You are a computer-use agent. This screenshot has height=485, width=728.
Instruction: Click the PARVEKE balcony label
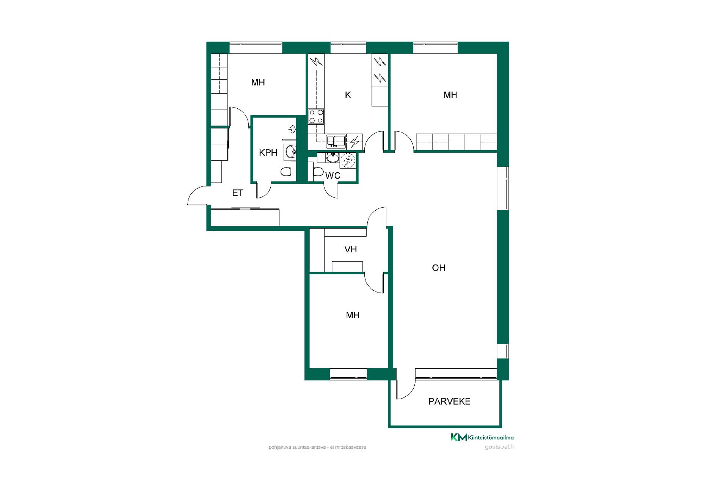coord(449,401)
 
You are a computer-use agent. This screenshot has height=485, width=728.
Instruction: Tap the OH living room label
coord(438,268)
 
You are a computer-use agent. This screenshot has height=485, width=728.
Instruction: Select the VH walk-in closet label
coord(351,249)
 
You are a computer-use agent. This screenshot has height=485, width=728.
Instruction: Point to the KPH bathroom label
coord(268,153)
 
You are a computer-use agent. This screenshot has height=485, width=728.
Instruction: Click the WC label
coord(333,175)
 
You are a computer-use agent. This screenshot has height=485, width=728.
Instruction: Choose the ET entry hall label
coord(237,193)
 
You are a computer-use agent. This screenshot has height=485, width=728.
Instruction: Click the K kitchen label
coord(348,95)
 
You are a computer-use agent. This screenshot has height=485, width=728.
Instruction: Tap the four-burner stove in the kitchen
coord(316,116)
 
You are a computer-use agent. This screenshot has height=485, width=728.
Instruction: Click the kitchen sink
coord(336,141)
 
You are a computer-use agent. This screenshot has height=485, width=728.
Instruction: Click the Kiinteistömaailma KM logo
coord(482,437)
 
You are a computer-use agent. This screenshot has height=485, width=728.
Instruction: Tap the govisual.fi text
coord(499,447)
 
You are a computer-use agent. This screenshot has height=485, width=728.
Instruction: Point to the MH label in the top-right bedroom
coord(450,95)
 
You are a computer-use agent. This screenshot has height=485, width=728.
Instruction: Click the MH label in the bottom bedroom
coord(353,315)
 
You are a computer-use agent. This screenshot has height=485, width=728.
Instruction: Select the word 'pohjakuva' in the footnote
coord(278,447)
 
